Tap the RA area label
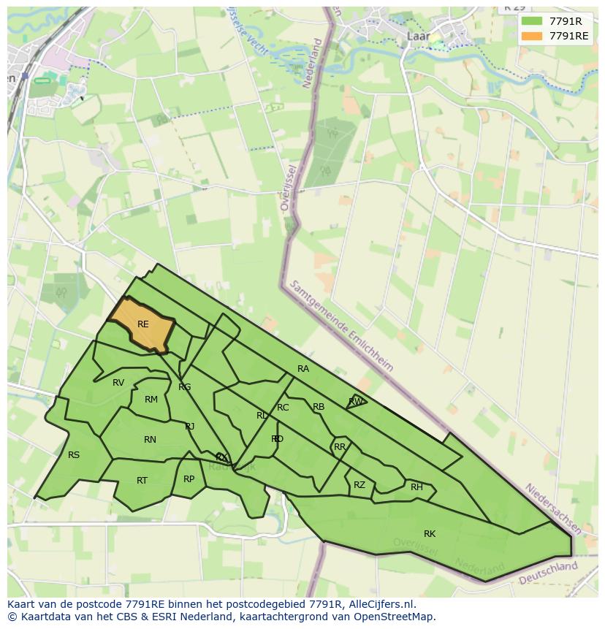(x=303, y=369)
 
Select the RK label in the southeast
(x=430, y=534)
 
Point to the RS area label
(x=74, y=455)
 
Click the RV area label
(x=118, y=383)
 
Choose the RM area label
(x=151, y=400)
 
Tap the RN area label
(x=150, y=440)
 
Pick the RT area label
(x=142, y=481)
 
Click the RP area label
(x=189, y=479)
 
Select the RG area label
(x=185, y=387)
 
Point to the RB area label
(x=319, y=407)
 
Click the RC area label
(x=283, y=408)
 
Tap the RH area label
(x=416, y=487)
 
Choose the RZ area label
(x=359, y=485)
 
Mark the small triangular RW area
(x=356, y=401)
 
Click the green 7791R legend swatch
(x=532, y=21)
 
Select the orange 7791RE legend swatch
(x=532, y=36)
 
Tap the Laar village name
(x=418, y=35)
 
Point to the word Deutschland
(x=547, y=573)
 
